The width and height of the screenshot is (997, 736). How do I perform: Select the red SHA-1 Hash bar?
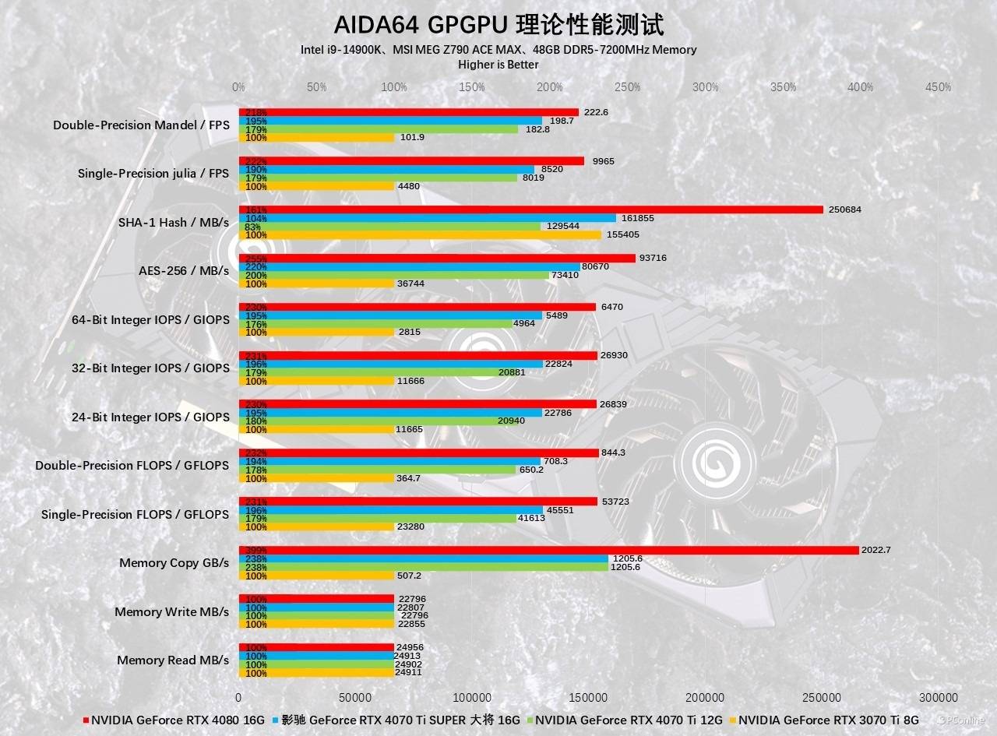coord(530,210)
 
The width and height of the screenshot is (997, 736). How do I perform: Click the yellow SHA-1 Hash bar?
coord(420,234)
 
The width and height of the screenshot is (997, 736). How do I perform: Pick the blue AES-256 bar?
coord(409,266)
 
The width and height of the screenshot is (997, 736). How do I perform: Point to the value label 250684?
coord(845,210)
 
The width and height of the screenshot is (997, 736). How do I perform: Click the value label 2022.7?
coord(876,550)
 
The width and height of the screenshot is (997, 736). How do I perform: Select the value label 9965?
coord(603,161)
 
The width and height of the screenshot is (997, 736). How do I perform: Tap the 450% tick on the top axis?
coord(938,87)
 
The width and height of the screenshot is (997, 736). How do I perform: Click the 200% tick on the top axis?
coord(549,87)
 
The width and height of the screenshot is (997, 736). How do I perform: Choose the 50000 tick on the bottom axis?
coord(355,697)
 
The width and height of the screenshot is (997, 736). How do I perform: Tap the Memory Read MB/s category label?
coord(173,660)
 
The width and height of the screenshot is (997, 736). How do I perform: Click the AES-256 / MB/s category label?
coord(183,271)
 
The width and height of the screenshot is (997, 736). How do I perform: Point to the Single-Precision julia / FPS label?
coord(153,174)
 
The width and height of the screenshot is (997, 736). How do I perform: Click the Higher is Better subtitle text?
coord(498,65)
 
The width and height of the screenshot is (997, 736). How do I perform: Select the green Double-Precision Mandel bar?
coord(378,129)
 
